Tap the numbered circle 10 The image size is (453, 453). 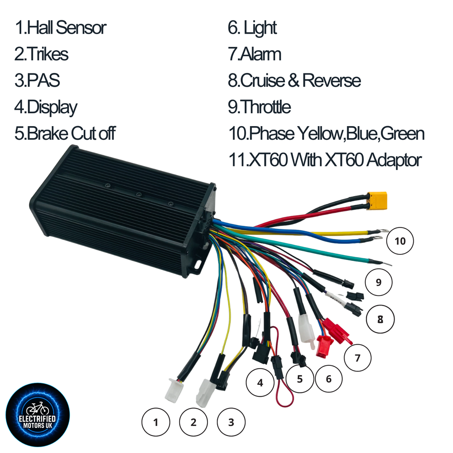tap(400, 241)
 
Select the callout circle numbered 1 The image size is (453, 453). tap(156, 422)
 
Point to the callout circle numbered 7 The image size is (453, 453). tap(357, 358)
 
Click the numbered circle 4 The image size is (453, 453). tap(260, 383)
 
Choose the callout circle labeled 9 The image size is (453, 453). tap(379, 282)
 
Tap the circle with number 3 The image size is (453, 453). tap(231, 422)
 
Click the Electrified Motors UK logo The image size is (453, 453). tap(38, 415)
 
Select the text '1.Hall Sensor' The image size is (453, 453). tap(61, 28)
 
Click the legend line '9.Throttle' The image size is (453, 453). tap(259, 107)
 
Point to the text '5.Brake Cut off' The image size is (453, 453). tap(65, 133)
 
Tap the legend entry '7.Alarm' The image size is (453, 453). tap(254, 54)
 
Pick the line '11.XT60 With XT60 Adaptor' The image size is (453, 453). tap(325, 160)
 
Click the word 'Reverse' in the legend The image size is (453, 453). tap(332, 81)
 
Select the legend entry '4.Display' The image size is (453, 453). tap(46, 107)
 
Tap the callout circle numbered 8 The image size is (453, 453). tap(380, 319)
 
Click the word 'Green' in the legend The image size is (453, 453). tap(403, 134)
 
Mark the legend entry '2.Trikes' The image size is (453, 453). tap(42, 54)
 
